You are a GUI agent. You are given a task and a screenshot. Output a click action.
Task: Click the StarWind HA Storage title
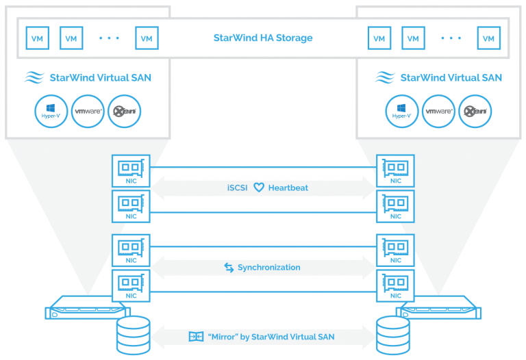pyautogui.click(x=263, y=38)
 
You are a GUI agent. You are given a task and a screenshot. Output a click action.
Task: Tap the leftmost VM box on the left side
pyautogui.click(x=37, y=38)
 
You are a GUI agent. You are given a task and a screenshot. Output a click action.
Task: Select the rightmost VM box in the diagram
pyautogui.click(x=489, y=38)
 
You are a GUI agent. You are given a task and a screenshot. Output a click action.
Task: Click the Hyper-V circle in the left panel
pyautogui.click(x=51, y=112)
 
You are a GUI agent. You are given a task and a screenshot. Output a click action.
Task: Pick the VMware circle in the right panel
pyautogui.click(x=438, y=112)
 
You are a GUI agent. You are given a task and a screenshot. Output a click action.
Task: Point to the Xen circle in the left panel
pyautogui.click(x=125, y=112)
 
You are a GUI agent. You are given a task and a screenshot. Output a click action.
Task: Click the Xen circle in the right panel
pyautogui.click(x=475, y=112)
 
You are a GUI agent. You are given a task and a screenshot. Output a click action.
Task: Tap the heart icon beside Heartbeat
pyautogui.click(x=259, y=188)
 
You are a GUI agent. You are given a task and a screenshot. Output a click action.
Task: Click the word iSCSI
pyautogui.click(x=237, y=188)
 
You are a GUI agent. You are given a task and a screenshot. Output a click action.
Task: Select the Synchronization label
pyautogui.click(x=269, y=268)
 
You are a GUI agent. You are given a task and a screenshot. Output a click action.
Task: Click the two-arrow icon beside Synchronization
pyautogui.click(x=229, y=268)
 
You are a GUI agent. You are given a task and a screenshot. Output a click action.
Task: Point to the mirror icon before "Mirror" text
pyautogui.click(x=197, y=337)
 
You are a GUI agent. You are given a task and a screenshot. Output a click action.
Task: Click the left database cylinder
pyautogui.click(x=133, y=335)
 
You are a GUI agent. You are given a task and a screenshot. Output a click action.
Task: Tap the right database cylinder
pyautogui.click(x=393, y=335)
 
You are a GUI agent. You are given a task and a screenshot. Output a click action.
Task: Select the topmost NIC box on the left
pyautogui.click(x=131, y=171)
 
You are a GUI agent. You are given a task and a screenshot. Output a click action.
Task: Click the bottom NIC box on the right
pyautogui.click(x=395, y=286)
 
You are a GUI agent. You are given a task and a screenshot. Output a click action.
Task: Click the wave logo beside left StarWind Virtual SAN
pyautogui.click(x=34, y=77)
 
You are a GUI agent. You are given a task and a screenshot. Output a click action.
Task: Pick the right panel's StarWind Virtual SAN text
pyautogui.click(x=451, y=78)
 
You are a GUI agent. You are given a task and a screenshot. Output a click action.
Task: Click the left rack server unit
pyautogui.click(x=88, y=307)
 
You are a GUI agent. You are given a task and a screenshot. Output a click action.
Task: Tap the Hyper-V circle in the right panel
pyautogui.click(x=402, y=112)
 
